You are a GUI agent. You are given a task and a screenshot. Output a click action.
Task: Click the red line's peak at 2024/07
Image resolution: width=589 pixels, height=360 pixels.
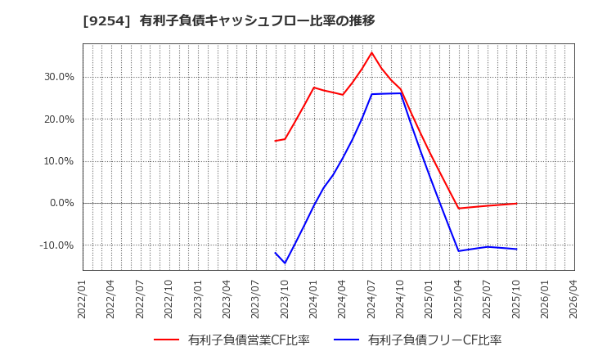click(371, 52)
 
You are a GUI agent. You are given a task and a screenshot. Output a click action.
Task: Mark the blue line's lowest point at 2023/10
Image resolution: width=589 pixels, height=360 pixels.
click(285, 263)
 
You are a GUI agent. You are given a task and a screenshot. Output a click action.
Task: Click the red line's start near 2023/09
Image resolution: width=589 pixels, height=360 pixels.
click(276, 141)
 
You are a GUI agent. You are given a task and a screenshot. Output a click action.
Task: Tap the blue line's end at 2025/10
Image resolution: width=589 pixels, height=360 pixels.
click(516, 249)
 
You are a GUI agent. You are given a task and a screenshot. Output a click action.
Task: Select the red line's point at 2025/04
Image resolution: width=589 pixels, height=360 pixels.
click(458, 209)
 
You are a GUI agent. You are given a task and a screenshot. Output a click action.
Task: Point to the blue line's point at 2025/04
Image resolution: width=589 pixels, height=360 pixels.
click(458, 250)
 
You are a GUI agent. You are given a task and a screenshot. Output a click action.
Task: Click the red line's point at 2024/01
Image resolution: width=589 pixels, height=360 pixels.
click(314, 88)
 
